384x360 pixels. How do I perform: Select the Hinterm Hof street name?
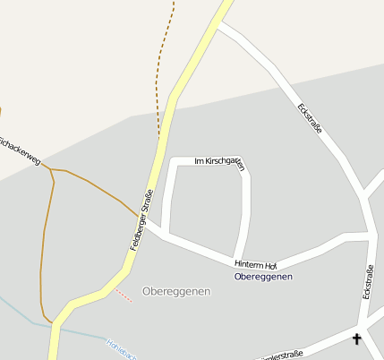(256, 264)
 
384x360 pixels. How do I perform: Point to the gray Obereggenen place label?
(175, 292)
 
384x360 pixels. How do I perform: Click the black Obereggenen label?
(263, 277)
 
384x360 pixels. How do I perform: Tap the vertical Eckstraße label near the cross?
(368, 282)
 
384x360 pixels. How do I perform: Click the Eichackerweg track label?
(20, 150)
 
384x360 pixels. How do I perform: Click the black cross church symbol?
(357, 339)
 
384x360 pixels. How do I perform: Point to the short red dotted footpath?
(124, 295)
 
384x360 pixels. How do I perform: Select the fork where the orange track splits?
(51, 168)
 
